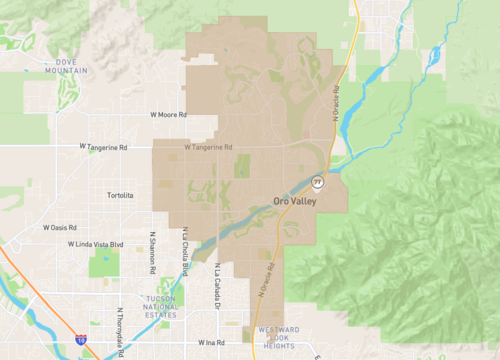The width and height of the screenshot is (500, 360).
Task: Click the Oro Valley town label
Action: (x=295, y=201)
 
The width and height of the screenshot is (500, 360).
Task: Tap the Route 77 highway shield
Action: (x=318, y=182)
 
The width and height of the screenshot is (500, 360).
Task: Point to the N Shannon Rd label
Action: (x=153, y=257)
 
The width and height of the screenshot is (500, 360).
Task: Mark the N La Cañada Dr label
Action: (x=217, y=282)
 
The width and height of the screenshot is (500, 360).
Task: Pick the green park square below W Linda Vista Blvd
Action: (x=103, y=264)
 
